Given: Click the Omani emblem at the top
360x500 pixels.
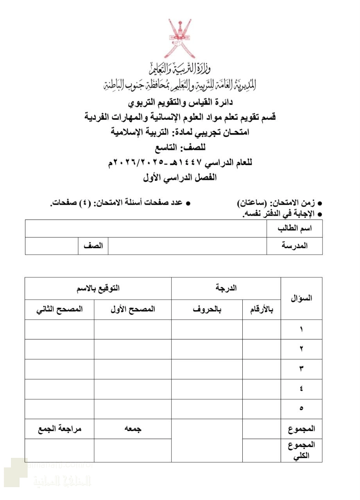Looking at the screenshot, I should coord(181,38).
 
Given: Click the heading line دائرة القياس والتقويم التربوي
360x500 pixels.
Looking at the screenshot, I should coord(181,103).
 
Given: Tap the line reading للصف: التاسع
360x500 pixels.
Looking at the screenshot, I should coord(181,147).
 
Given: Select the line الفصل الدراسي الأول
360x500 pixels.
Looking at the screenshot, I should coord(181,177).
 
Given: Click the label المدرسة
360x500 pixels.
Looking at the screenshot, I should coord(295,246).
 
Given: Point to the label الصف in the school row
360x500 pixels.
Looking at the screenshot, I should coord(93,246).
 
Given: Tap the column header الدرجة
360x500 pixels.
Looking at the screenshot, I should coord(226,288).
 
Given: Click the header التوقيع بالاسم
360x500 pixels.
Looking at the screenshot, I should coord(98,288).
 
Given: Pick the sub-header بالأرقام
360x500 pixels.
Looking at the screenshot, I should coord(261,310).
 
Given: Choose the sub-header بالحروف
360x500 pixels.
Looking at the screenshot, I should coord(207,310).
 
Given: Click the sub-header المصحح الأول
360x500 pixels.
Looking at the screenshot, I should coord(133,310).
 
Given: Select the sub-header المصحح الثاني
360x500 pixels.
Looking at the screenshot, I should coord(59,310).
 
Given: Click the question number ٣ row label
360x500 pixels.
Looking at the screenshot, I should coord(301,369).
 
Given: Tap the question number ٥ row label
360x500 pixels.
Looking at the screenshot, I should coord(301,409).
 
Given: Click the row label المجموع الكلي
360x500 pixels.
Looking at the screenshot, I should coord(301,450).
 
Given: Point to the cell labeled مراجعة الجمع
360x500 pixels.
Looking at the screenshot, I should coord(59,429).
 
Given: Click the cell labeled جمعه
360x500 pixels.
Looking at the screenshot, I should coord(133,429).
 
